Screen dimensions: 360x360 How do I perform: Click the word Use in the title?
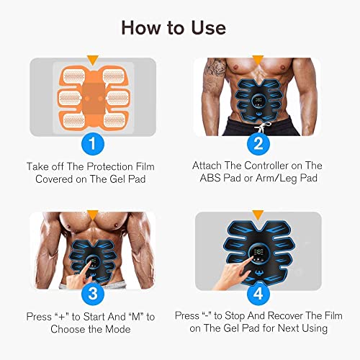[x=204, y=28]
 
